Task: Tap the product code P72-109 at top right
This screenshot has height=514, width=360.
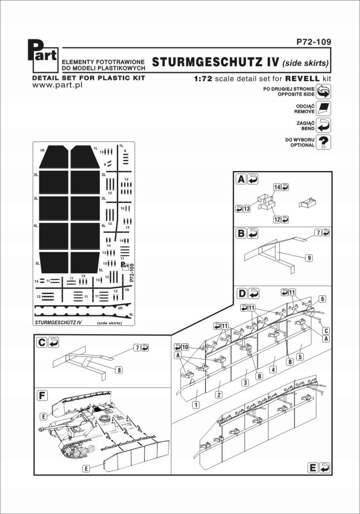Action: (314, 42)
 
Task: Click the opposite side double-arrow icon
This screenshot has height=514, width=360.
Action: (323, 91)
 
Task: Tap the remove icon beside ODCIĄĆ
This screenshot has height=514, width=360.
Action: (323, 109)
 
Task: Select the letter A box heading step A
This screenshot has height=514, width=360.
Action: (241, 179)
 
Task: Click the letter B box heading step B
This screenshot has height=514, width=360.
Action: (241, 234)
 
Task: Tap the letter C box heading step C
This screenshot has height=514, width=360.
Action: (41, 343)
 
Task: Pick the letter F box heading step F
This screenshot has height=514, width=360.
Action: (41, 396)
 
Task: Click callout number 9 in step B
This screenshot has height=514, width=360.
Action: (309, 258)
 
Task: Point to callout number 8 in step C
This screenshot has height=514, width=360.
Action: (119, 371)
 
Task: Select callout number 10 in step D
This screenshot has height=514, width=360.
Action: (185, 346)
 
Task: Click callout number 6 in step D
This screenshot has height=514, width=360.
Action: (322, 299)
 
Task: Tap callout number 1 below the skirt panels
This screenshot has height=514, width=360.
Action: (196, 405)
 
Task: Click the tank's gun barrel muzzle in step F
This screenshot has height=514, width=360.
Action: (40, 428)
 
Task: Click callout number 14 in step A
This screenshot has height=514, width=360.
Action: (277, 187)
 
